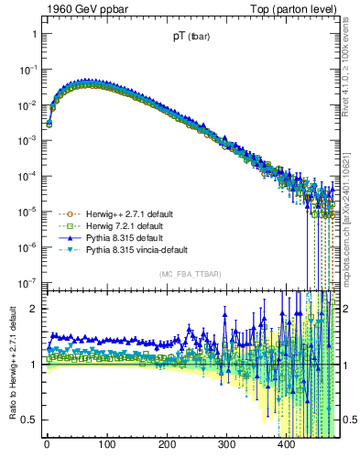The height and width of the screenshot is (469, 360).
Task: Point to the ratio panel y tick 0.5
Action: click(x=29, y=420)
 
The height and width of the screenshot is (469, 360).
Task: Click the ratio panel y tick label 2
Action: click(x=35, y=309)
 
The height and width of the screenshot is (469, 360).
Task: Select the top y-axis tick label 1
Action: click(x=35, y=34)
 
